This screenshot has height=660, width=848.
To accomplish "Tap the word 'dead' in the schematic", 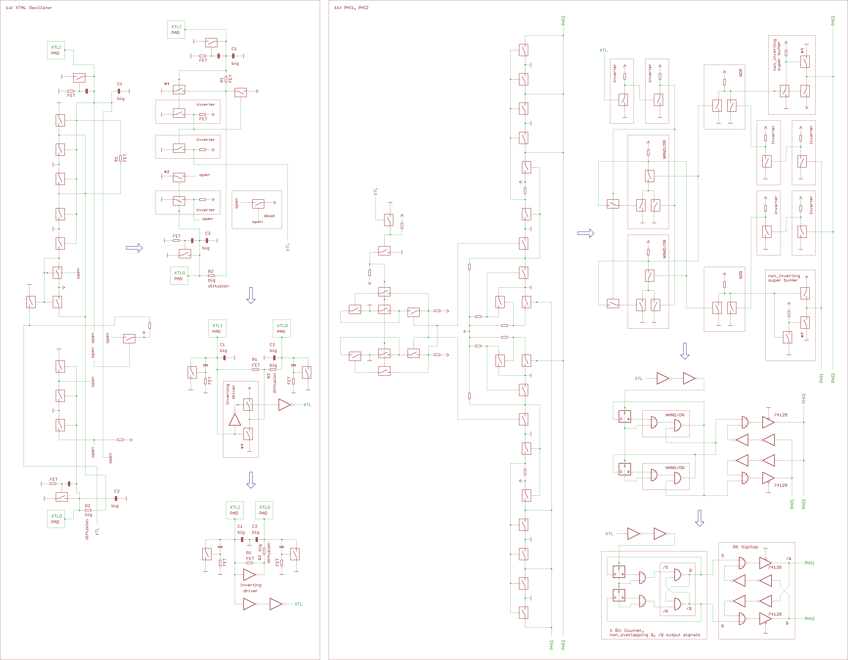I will [x=269, y=216].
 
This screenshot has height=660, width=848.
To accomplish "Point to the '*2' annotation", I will [x=167, y=172].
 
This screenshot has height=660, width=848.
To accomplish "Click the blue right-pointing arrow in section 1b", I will [x=585, y=233].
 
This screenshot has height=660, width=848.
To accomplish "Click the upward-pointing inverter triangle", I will [x=235, y=419].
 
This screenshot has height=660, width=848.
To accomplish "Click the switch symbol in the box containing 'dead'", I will [x=258, y=204].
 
